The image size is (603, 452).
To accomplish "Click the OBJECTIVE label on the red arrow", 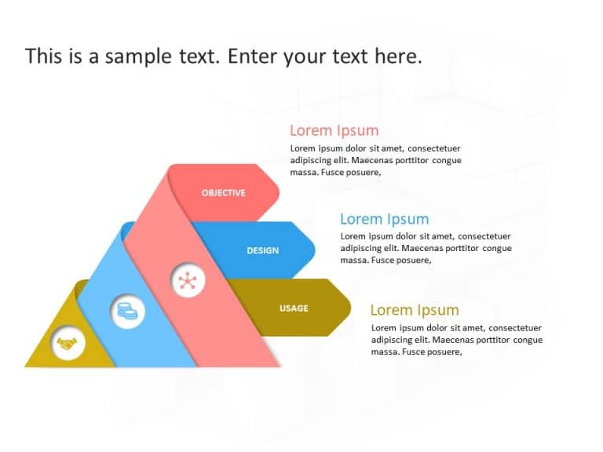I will pyautogui.click(x=223, y=193).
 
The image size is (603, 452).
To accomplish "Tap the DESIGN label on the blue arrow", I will pyautogui.click(x=262, y=251).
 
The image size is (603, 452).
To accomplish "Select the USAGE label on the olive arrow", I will pyautogui.click(x=294, y=308).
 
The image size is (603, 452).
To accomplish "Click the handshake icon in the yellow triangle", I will pyautogui.click(x=68, y=343).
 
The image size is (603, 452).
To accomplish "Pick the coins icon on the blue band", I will pyautogui.click(x=126, y=312).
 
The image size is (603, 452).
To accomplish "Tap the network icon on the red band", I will pyautogui.click(x=187, y=280).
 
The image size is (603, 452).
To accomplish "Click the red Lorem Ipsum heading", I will pyautogui.click(x=334, y=131).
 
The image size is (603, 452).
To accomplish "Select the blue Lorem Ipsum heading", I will pyautogui.click(x=384, y=219).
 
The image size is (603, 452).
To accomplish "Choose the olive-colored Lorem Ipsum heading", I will pyautogui.click(x=414, y=310).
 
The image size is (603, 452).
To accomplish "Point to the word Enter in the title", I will pyautogui.click(x=256, y=56).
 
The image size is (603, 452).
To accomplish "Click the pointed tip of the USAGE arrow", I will pyautogui.click(x=350, y=308).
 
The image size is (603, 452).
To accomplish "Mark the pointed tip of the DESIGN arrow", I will pyautogui.click(x=315, y=250).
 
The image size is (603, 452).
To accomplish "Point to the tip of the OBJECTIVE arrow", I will pyautogui.click(x=279, y=193).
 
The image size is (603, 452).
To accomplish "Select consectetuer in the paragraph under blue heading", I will pyautogui.click(x=484, y=236).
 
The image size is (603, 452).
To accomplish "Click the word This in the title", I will pyautogui.click(x=40, y=56).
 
